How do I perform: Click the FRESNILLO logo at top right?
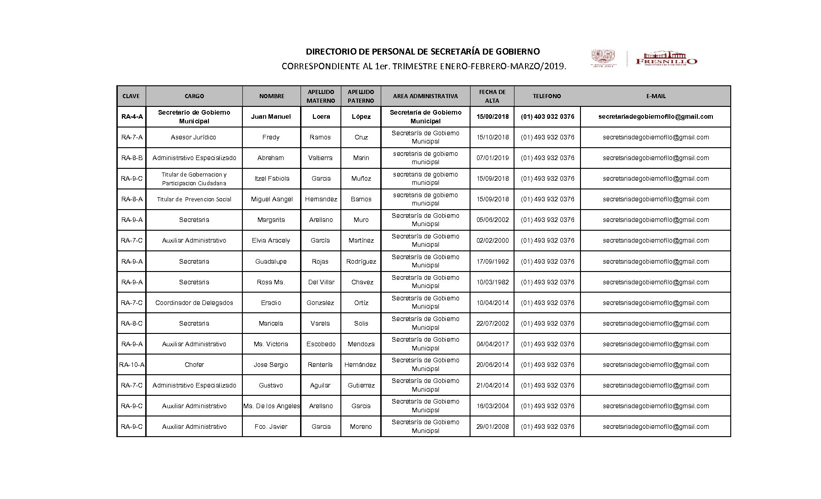pos(666,59)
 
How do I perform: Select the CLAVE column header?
pos(131,96)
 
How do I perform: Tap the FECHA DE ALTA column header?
pos(492,96)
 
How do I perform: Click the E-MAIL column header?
pos(656,96)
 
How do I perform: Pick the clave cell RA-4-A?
pos(132,117)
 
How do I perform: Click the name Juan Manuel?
pos(271,117)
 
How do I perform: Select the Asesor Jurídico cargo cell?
pos(193,138)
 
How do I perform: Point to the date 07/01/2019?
pos(493,158)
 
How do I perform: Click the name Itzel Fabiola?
pos(272,179)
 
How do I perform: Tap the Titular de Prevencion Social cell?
pos(194,200)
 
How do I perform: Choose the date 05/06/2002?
pos(493,220)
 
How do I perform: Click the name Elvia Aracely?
pos(271,241)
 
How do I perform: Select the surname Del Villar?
pos(321,283)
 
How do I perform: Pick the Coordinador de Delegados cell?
pos(194,303)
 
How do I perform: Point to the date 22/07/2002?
pos(493,324)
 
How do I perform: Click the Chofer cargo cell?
pos(194,365)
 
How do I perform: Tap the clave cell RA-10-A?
pos(131,365)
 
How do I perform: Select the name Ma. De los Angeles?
pos(272,406)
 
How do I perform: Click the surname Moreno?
pos(361,427)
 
